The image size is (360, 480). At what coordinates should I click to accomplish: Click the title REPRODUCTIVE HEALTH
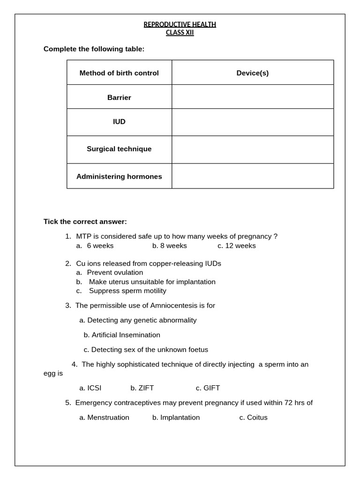click(x=180, y=24)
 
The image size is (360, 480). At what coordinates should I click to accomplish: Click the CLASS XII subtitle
click(x=180, y=33)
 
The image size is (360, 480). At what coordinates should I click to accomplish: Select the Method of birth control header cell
click(x=119, y=73)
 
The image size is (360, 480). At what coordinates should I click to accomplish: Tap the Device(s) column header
click(x=253, y=73)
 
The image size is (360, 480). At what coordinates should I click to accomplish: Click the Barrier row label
click(x=119, y=97)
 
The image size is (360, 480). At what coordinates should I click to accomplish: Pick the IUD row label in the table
click(x=119, y=122)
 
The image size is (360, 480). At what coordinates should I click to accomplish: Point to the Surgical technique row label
click(x=119, y=149)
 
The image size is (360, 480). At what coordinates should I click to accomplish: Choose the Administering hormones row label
click(x=119, y=177)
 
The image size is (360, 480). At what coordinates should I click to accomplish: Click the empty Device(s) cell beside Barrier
click(x=253, y=97)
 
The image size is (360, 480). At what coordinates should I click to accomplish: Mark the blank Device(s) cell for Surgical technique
click(x=253, y=150)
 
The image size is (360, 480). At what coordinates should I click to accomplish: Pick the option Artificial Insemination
click(x=122, y=335)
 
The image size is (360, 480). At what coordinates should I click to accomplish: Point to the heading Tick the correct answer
click(x=85, y=222)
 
